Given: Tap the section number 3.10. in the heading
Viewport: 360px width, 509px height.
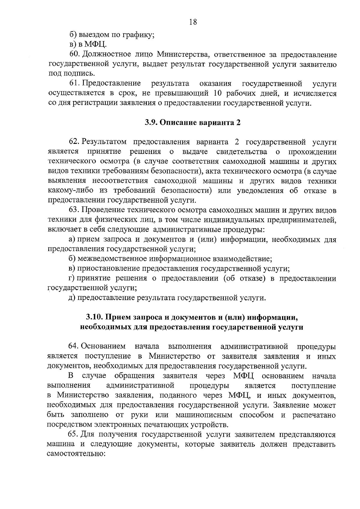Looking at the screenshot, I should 94,317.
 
